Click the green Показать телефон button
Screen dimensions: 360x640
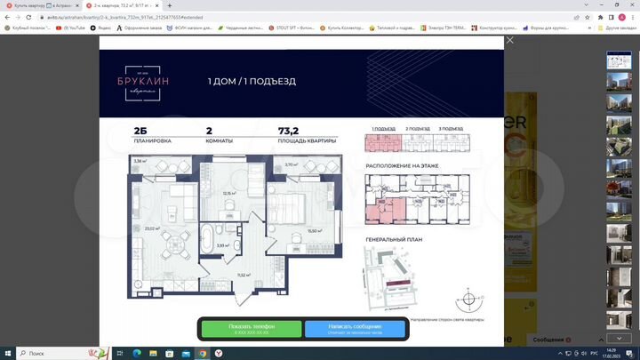click(252, 329)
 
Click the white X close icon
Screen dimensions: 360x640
click(509, 40)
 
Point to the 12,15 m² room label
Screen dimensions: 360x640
click(228, 193)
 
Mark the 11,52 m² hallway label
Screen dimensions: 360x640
click(241, 276)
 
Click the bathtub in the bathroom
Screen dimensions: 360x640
click(207, 240)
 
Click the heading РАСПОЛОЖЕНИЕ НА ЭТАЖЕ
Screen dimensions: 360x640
click(399, 166)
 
